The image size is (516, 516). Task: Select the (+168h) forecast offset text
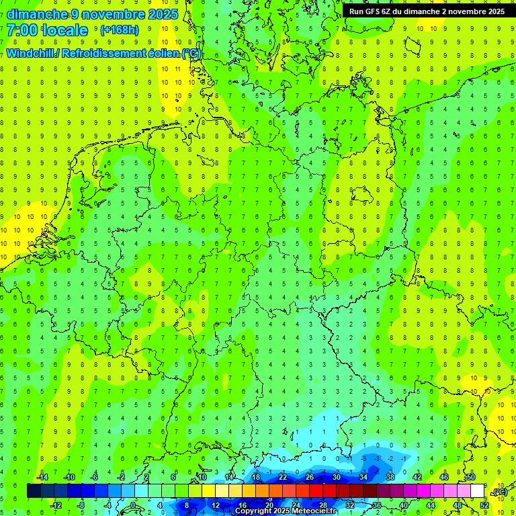tap(119, 30)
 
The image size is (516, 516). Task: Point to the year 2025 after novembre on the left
tap(163, 14)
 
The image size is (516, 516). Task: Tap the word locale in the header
tap(64, 30)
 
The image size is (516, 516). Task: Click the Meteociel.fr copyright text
tap(286, 511)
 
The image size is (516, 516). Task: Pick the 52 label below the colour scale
tap(484, 505)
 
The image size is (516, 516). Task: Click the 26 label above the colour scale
tap(310, 477)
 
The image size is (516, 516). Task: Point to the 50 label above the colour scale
tap(471, 477)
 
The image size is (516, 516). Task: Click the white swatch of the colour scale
tap(477, 491)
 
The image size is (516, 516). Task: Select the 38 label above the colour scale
tap(390, 477)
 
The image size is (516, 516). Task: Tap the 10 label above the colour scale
tap(202, 477)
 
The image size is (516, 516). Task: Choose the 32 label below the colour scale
tap(350, 505)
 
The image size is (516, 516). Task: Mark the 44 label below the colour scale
tap(431, 505)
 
